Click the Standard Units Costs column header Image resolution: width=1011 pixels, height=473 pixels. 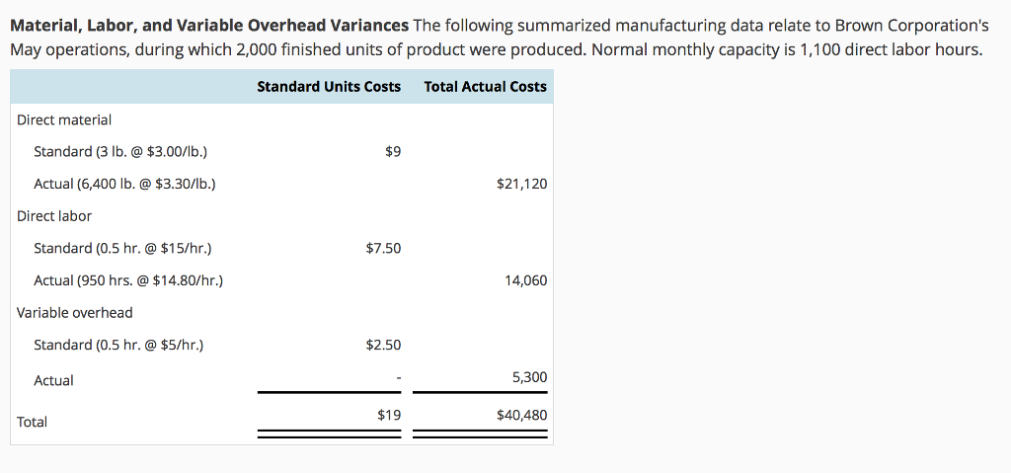329,87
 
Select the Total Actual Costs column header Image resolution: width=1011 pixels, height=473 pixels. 485,87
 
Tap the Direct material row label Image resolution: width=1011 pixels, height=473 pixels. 64,119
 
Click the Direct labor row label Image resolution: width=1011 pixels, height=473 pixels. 54,216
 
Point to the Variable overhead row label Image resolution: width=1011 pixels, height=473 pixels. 75,313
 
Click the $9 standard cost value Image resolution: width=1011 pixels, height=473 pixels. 392,151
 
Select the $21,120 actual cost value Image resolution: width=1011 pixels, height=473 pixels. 521,184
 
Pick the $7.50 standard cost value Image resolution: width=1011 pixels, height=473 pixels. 383,248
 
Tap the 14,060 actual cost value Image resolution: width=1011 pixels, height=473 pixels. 525,280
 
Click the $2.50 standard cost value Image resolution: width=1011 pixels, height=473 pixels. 383,345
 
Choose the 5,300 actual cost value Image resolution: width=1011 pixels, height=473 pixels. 529,377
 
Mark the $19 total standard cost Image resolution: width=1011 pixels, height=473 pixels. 389,415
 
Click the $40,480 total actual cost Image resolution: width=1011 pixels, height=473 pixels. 521,415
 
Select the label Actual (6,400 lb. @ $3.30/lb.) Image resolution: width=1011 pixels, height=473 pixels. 124,184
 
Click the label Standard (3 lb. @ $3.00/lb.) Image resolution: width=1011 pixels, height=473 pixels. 120,151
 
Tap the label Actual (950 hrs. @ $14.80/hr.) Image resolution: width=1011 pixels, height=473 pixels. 128,280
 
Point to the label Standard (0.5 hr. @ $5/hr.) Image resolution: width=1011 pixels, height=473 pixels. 118,345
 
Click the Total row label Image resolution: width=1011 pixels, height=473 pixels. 32,422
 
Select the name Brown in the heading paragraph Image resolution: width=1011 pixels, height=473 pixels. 847,25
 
